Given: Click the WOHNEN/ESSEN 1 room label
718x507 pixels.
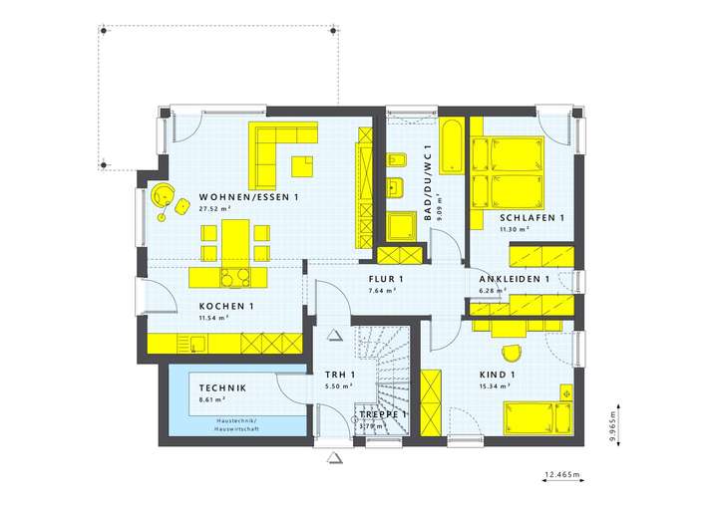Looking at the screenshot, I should click(248, 197).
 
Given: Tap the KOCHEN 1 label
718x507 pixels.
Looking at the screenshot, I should click(226, 305).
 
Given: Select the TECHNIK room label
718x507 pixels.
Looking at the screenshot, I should click(222, 387).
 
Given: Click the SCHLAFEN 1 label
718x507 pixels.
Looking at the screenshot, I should click(532, 217).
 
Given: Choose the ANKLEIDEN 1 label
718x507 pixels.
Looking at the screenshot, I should click(514, 279).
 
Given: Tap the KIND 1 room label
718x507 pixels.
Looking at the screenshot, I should click(497, 375).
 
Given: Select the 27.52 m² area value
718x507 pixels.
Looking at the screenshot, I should click(214, 210).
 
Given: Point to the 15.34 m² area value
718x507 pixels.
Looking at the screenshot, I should click(495, 386).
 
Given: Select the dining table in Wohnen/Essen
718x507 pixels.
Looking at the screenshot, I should click(236, 240).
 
